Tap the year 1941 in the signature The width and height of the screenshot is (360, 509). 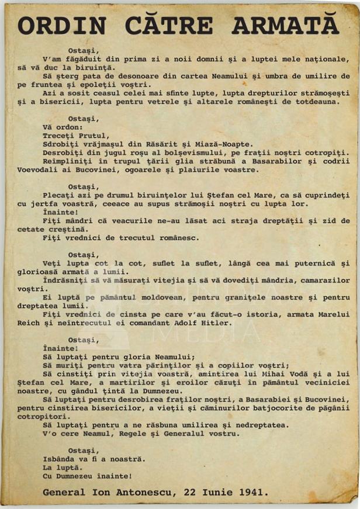pyautogui.click(x=254, y=492)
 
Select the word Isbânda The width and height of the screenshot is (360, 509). pyautogui.click(x=62, y=459)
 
